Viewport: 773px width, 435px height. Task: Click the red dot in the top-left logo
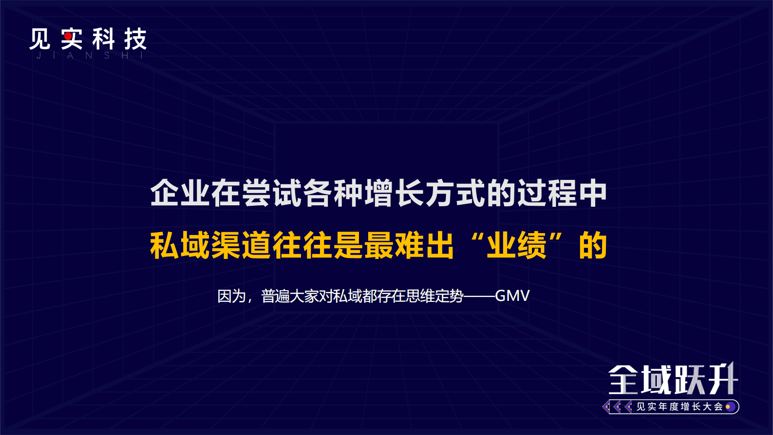pos(68,36)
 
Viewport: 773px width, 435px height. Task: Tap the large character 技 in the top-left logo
pos(135,39)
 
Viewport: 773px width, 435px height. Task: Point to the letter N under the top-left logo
pos(88,56)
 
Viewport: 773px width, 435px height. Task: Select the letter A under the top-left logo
pos(70,56)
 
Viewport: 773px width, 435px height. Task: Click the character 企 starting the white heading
pos(165,193)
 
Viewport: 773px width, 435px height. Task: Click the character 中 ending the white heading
pos(592,193)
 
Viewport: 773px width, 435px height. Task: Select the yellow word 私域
pos(180,245)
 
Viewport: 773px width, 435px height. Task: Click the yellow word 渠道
pos(242,245)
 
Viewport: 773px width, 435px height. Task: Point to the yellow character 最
pos(379,245)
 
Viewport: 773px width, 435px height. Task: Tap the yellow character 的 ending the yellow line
pos(593,245)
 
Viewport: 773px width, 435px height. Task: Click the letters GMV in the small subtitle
pos(512,296)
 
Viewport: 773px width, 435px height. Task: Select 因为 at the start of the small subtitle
pos(231,296)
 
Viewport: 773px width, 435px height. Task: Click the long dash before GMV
pos(479,296)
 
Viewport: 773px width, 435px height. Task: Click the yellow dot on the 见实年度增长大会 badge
pos(728,407)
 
